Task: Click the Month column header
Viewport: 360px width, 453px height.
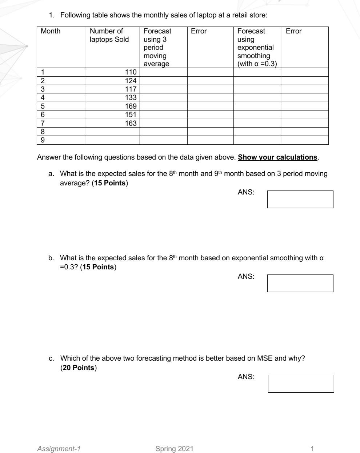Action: pos(51,31)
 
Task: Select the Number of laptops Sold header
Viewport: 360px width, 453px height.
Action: pos(109,35)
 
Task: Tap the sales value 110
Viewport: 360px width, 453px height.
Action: pos(131,72)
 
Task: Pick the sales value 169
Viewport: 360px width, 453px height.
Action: pos(131,106)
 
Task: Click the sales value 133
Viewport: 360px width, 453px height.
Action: pos(131,97)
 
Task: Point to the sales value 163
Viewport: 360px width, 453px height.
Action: pos(131,123)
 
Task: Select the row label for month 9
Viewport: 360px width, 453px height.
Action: pos(43,140)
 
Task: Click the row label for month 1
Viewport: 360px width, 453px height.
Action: pos(43,72)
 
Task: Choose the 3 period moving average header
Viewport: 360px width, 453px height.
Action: pos(157,47)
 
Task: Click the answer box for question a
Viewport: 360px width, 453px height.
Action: pos(300,199)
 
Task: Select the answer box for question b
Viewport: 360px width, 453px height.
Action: pos(300,283)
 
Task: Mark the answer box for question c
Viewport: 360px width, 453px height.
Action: pos(301,384)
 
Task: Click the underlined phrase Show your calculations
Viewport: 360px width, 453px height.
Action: pos(277,157)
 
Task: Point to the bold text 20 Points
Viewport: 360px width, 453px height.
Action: pos(79,368)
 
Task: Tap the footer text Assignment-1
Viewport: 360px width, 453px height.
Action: pos(59,449)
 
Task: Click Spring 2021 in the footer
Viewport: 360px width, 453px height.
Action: pos(174,449)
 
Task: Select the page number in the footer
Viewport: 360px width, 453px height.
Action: pos(312,449)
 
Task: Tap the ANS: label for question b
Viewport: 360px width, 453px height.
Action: pos(246,276)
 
